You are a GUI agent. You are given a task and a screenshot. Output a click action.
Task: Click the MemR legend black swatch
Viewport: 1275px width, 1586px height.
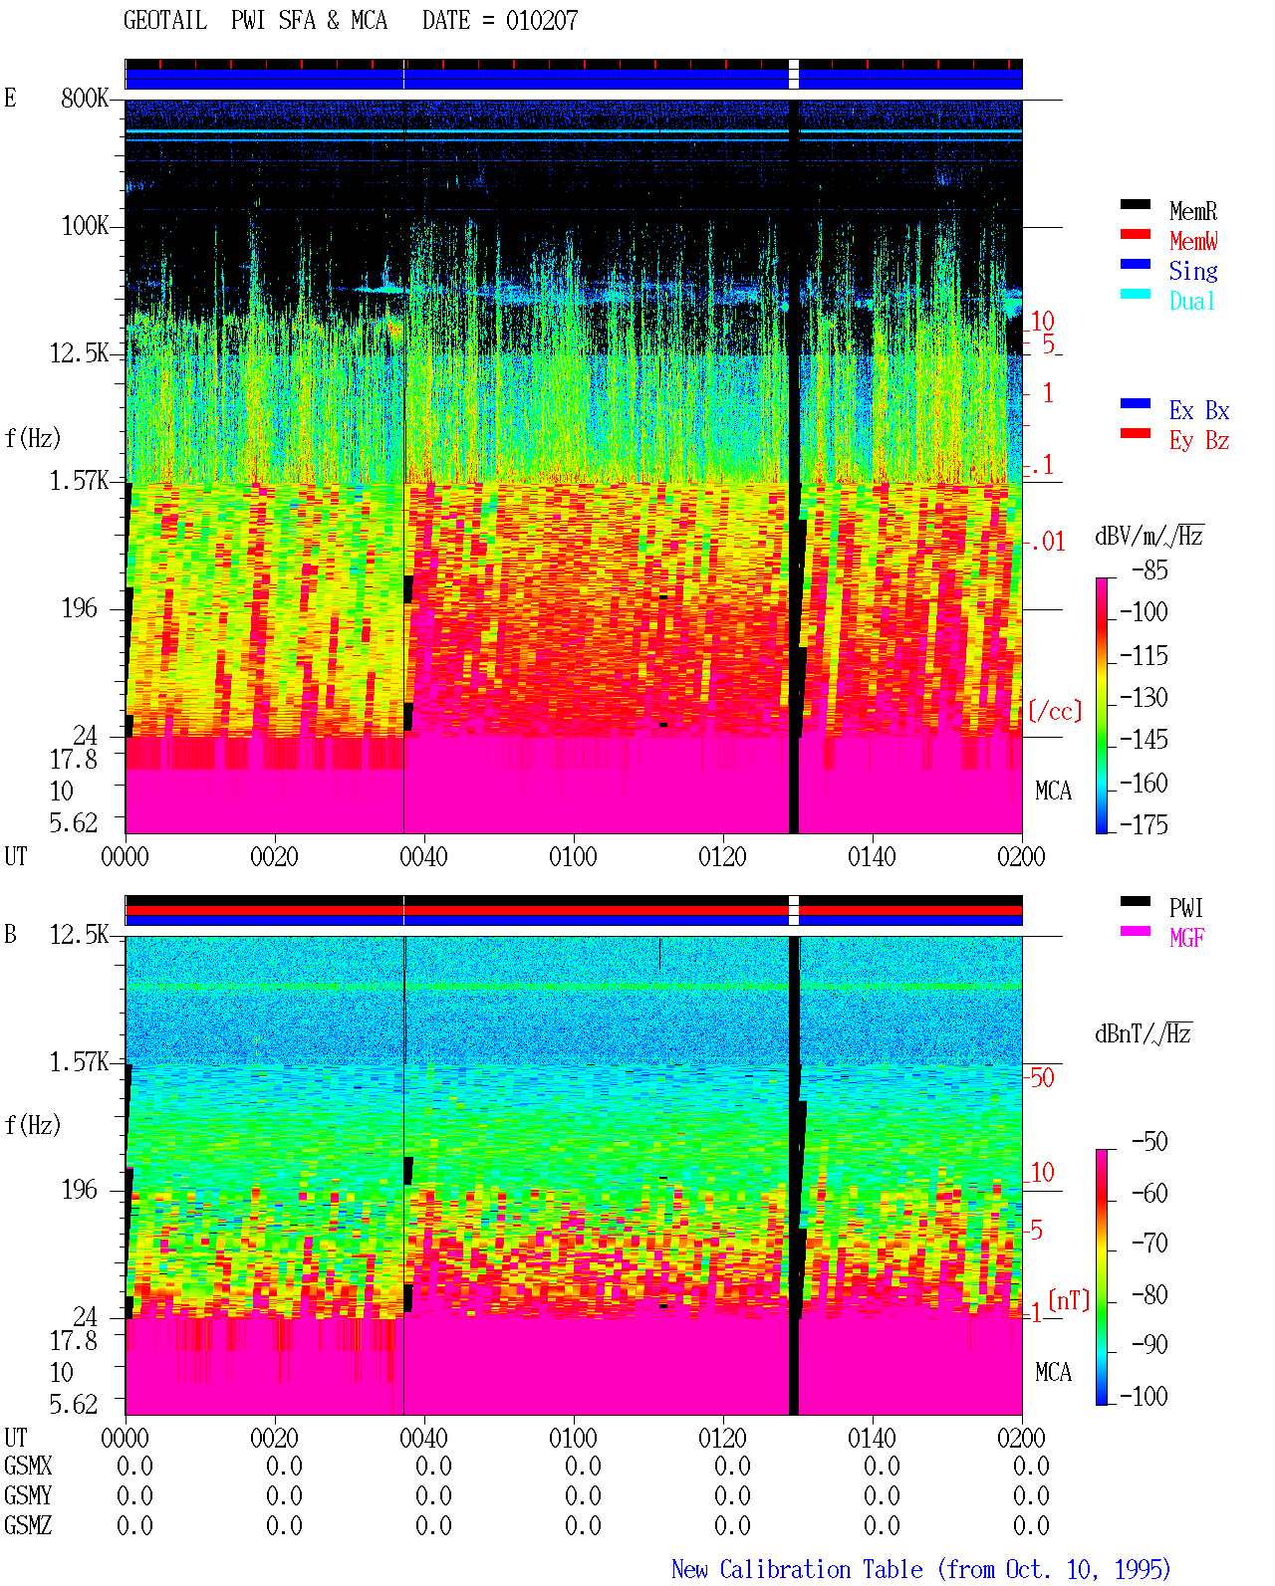coord(1135,204)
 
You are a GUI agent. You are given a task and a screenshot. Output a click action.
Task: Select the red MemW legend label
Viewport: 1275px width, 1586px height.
coord(1193,241)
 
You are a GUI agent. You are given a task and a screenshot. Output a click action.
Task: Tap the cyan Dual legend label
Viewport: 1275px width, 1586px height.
coord(1191,301)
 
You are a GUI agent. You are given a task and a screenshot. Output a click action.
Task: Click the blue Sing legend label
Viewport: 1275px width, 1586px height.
coord(1193,271)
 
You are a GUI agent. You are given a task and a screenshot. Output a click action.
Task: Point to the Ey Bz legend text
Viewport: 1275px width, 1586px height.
coord(1199,441)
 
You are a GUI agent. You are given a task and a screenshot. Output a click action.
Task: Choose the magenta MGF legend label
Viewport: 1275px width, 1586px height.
coord(1186,938)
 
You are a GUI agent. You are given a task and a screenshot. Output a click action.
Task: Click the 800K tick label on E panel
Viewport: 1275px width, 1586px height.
coord(85,98)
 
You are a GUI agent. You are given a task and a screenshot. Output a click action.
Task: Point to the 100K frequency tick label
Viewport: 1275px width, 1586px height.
coord(85,226)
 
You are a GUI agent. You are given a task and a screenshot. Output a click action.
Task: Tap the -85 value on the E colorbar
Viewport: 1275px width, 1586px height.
coord(1149,569)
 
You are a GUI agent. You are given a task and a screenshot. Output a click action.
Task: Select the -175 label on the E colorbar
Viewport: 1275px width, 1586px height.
coord(1144,824)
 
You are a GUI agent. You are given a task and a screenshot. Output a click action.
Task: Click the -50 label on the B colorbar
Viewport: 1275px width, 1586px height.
coord(1149,1142)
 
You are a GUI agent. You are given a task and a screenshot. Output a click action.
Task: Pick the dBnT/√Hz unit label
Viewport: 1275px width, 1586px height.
coord(1144,1033)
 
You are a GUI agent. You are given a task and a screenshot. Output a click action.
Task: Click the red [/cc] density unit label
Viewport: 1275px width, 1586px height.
coord(1055,711)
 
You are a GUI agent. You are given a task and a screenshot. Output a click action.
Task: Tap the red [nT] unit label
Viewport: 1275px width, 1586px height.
coord(1069,1300)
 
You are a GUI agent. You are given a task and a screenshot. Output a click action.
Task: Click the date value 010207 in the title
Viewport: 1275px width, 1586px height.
coord(542,21)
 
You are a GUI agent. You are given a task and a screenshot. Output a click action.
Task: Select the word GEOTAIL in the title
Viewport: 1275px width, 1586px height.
coord(165,21)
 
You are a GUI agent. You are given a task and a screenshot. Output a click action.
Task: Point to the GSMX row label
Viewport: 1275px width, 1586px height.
coord(28,1466)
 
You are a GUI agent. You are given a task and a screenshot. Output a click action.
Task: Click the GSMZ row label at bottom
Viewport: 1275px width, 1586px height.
coord(28,1525)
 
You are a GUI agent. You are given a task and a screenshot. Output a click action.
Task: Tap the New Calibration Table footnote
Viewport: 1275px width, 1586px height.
coord(921,1569)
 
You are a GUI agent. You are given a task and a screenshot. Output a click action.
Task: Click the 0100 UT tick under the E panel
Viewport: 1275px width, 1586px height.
coord(573,857)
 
